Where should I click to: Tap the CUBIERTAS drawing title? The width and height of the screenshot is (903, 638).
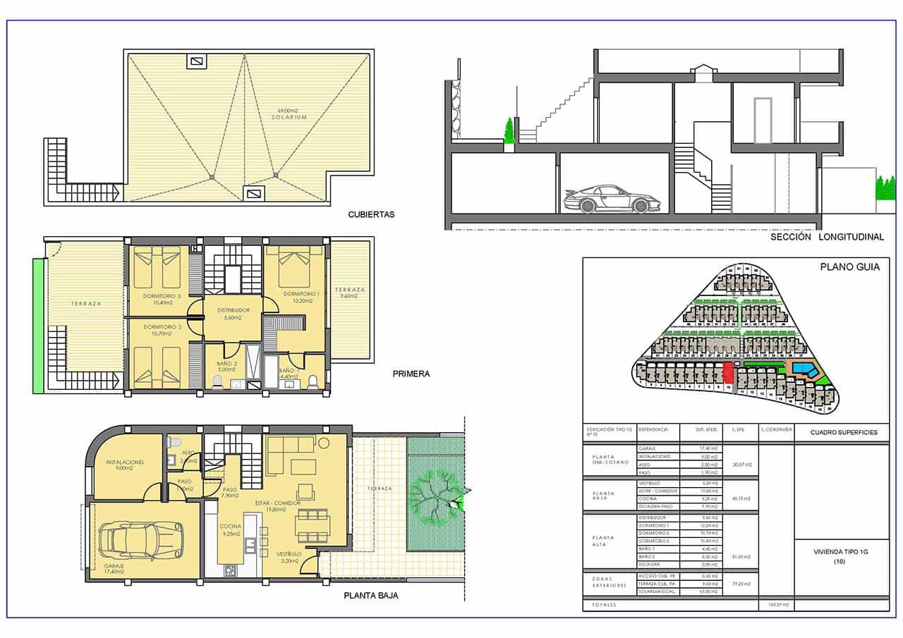tap(371, 214)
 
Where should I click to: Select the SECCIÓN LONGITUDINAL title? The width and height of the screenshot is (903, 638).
tap(827, 238)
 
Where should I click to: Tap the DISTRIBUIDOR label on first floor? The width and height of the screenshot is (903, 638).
tap(233, 310)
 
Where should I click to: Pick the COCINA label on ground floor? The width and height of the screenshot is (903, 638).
tap(231, 527)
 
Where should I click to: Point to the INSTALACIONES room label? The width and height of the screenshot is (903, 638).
tap(125, 462)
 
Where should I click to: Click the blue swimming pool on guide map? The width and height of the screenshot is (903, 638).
tap(803, 369)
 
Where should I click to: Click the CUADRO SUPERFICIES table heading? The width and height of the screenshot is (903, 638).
tap(844, 432)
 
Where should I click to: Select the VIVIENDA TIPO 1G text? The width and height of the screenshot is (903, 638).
tap(840, 552)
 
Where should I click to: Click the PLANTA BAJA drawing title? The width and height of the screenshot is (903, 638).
tap(371, 596)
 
